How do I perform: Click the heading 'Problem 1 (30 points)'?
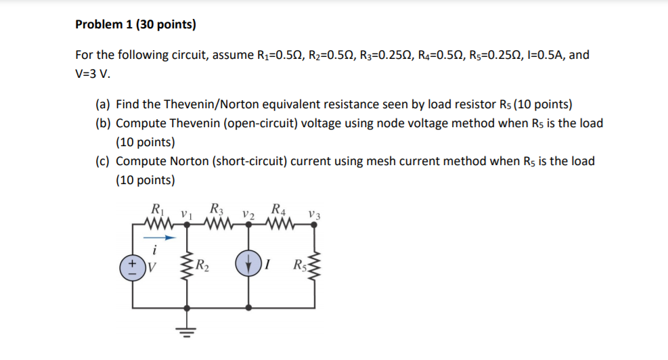[135, 25]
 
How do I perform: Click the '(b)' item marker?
[103, 123]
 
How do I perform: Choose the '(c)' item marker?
[103, 161]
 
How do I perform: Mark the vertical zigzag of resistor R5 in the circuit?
[311, 265]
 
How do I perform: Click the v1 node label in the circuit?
[184, 215]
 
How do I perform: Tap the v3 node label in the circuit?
[313, 215]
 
